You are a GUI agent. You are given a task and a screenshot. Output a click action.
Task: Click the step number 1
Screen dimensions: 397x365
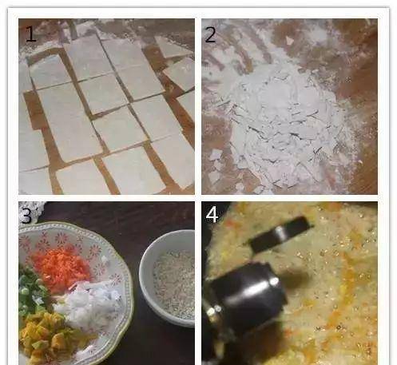tap(31, 34)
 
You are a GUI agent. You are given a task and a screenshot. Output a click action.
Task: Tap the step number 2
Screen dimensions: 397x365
tap(210, 34)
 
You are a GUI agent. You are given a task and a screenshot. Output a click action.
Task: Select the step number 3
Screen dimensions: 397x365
tap(26, 216)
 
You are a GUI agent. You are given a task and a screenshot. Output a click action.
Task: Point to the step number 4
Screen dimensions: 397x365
tap(212, 216)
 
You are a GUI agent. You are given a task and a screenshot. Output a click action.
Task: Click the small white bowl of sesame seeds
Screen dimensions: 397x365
tap(168, 278)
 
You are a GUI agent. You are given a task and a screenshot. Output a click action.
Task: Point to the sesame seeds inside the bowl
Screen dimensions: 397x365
tap(174, 282)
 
